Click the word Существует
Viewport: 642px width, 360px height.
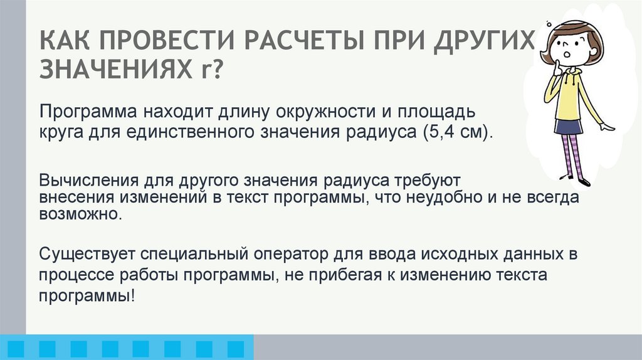point(85,255)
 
